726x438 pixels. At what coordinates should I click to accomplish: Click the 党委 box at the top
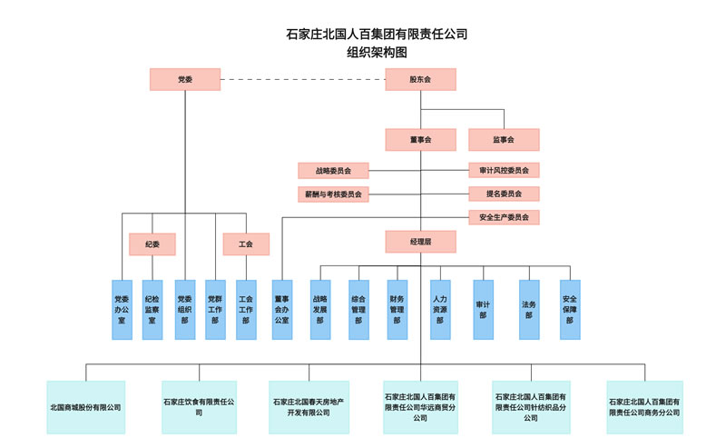185,80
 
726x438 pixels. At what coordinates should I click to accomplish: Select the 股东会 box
420,80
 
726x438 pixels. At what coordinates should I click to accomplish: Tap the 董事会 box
420,140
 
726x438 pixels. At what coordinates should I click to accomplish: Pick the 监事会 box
504,140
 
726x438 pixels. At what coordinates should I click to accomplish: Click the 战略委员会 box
334,170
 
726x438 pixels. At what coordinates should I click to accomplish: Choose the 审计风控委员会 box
504,170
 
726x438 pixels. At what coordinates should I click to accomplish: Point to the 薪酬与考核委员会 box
334,194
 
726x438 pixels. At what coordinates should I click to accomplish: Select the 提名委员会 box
504,194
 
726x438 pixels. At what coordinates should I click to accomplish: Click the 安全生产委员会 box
504,217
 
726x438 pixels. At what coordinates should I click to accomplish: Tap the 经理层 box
420,242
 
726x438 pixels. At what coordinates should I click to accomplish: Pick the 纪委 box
152,244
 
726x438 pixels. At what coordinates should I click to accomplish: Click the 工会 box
246,244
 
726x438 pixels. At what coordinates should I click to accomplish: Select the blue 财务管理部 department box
397,310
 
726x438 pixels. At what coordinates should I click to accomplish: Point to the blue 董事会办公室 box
282,310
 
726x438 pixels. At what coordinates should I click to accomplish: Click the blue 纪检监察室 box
152,310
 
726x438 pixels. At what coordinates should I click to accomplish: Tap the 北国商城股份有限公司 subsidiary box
86,407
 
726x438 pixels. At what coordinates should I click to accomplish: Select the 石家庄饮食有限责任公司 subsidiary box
199,407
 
